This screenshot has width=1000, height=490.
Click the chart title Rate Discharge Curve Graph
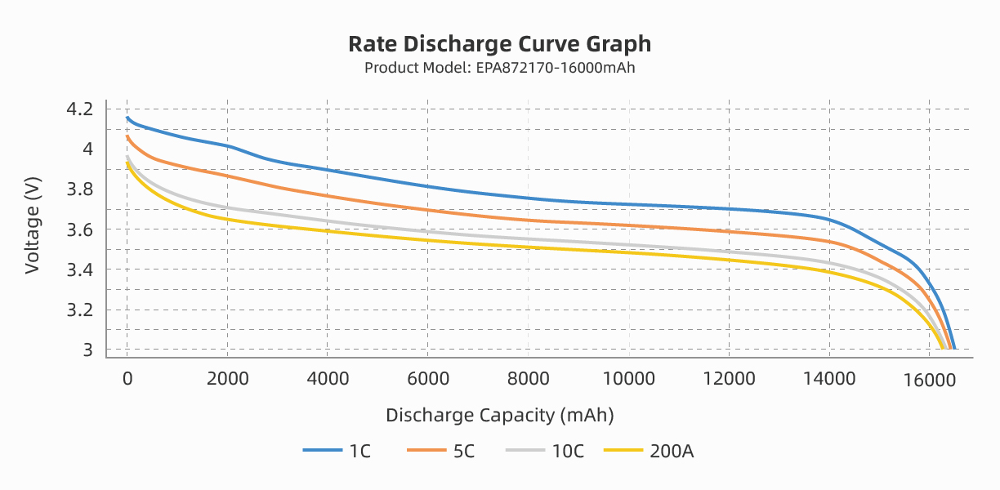(499, 43)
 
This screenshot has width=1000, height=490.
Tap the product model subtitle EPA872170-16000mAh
(499, 68)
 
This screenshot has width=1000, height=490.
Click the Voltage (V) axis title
(32, 229)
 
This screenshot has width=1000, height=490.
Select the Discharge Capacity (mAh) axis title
(499, 415)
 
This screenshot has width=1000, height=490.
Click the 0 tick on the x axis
(127, 378)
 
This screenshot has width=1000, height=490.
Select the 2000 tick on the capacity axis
(227, 378)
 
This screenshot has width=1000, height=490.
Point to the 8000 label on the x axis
(529, 378)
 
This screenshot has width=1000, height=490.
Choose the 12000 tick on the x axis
(729, 378)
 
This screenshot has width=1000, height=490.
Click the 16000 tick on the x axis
(930, 378)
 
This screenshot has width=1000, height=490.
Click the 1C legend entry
(336, 450)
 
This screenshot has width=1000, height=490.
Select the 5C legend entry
(440, 450)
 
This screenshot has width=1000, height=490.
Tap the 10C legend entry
(546, 450)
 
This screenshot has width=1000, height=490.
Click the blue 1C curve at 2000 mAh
(227, 146)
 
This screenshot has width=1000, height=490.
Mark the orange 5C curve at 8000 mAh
(529, 220)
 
